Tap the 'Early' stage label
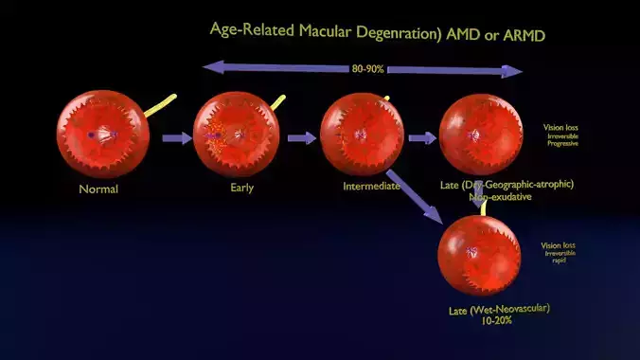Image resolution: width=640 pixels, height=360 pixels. click(x=241, y=188)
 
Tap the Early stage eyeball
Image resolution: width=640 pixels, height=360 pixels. click(x=236, y=133)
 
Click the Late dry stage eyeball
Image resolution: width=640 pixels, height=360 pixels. click(x=480, y=134)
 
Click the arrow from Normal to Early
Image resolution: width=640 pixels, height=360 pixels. click(x=176, y=138)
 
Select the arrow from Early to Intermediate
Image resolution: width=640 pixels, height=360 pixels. click(x=301, y=138)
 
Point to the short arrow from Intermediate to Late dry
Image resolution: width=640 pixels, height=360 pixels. click(x=422, y=138)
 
